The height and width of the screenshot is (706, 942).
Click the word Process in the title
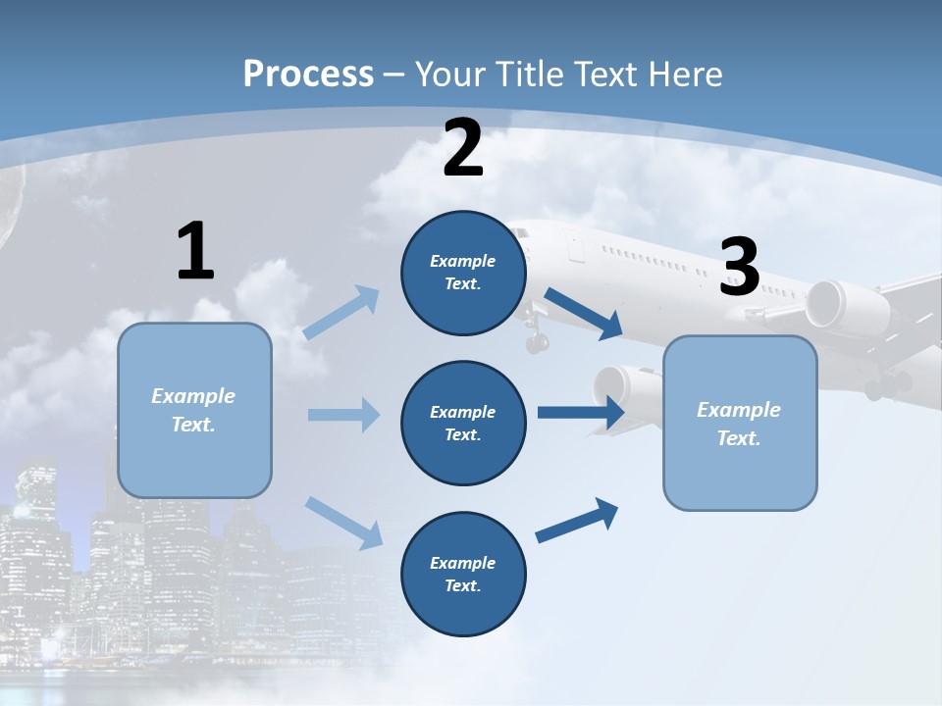point(308,74)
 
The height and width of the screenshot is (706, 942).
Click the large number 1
point(195,252)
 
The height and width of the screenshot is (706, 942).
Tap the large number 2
point(463,149)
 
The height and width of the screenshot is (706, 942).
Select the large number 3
point(740,268)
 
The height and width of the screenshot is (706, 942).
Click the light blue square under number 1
point(194,410)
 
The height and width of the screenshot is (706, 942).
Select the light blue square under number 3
point(740,424)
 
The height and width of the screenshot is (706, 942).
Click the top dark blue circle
point(463,273)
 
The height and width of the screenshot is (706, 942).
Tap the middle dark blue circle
point(463,424)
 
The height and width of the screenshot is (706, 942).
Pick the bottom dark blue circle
point(463,574)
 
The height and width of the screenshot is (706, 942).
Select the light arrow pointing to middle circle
point(343,415)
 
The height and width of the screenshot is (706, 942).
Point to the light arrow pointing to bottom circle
point(343,522)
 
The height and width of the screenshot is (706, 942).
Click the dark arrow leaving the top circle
point(584,313)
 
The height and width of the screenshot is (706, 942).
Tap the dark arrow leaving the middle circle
point(581,412)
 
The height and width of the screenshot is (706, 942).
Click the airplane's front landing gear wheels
point(537,342)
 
